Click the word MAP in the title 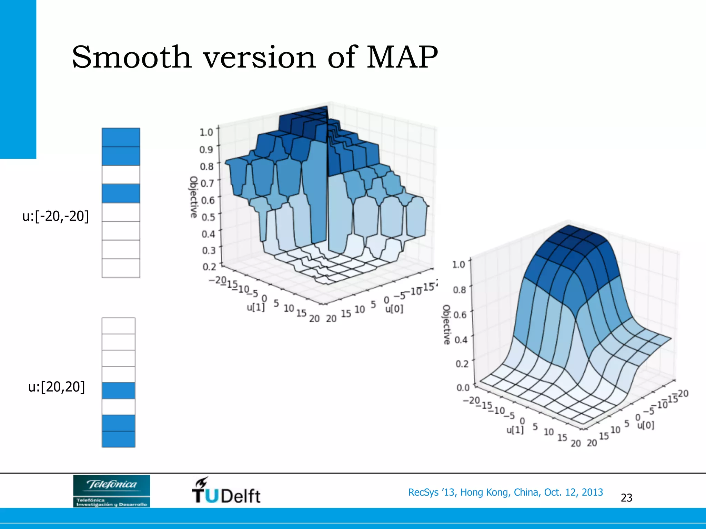tap(402, 57)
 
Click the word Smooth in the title tap(131, 57)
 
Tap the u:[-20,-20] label tap(56, 216)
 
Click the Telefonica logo tap(112, 491)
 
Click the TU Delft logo tap(226, 490)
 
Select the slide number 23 tap(626, 498)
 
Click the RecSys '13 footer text tap(505, 492)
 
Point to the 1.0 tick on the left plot tap(206, 132)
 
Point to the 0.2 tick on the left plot tap(209, 267)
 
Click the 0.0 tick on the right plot tap(463, 388)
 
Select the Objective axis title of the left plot tap(194, 197)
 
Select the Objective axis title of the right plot tap(446, 324)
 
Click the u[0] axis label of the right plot tap(645, 425)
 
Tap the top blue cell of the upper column tap(121, 137)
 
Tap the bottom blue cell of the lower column tap(118, 439)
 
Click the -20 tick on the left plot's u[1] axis tap(217, 280)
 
